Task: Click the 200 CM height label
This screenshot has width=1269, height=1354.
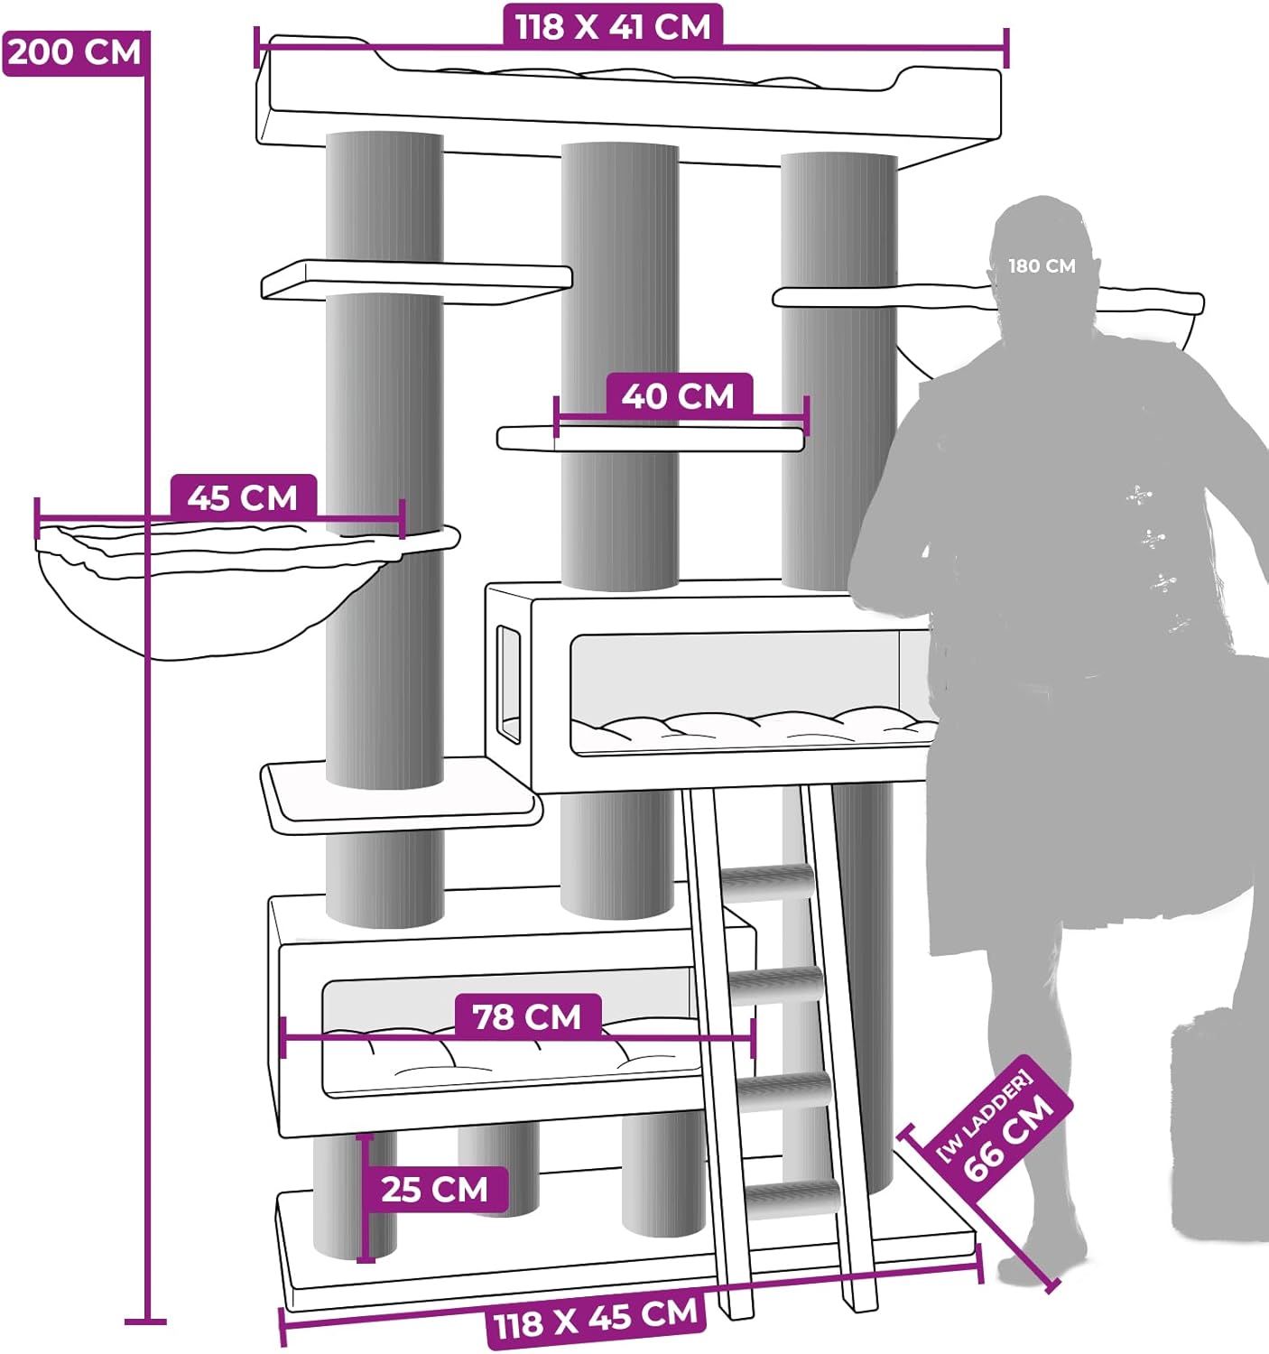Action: click(x=74, y=52)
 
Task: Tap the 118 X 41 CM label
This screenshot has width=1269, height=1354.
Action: click(x=612, y=26)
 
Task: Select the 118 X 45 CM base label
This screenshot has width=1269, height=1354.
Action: click(x=596, y=1320)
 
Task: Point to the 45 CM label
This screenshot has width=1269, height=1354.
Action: click(x=243, y=497)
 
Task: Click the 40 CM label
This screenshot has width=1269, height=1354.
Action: click(x=679, y=396)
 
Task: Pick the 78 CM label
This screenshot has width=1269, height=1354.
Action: click(x=527, y=1016)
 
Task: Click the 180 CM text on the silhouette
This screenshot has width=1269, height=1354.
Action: click(x=1042, y=266)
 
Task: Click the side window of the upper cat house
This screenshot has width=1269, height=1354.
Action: click(x=509, y=684)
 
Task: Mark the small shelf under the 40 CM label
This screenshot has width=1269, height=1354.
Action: click(x=651, y=439)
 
